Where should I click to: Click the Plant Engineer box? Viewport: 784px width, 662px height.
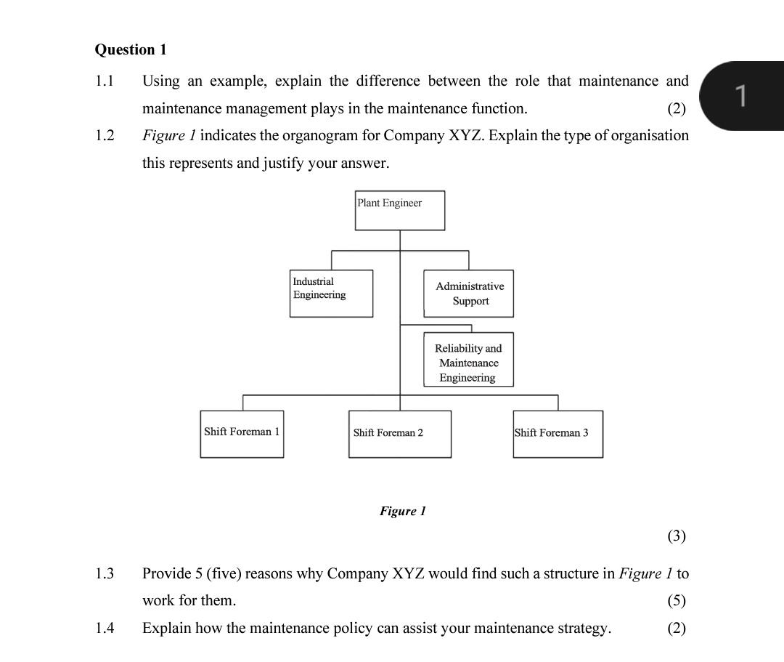click(399, 210)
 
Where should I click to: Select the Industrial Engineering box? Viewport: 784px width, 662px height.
click(332, 294)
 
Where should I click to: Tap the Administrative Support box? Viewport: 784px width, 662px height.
click(468, 294)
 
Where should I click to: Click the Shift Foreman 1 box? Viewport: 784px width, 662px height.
click(242, 434)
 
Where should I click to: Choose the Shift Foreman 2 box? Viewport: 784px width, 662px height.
click(399, 434)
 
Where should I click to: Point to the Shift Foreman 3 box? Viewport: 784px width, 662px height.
click(558, 434)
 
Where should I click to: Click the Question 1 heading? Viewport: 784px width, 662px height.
click(131, 49)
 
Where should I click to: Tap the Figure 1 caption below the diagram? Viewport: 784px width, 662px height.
click(402, 511)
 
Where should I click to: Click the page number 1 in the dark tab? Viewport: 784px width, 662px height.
click(740, 95)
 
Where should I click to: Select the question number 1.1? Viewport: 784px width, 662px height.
click(105, 81)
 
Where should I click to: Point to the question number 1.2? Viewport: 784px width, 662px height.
click(105, 135)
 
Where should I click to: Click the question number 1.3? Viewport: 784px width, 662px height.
click(105, 573)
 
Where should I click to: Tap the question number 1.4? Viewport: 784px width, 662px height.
click(105, 628)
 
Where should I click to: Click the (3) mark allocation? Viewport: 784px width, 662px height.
click(676, 536)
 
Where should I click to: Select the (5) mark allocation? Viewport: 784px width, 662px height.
click(676, 600)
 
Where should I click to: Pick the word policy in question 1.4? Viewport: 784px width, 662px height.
click(344, 628)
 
